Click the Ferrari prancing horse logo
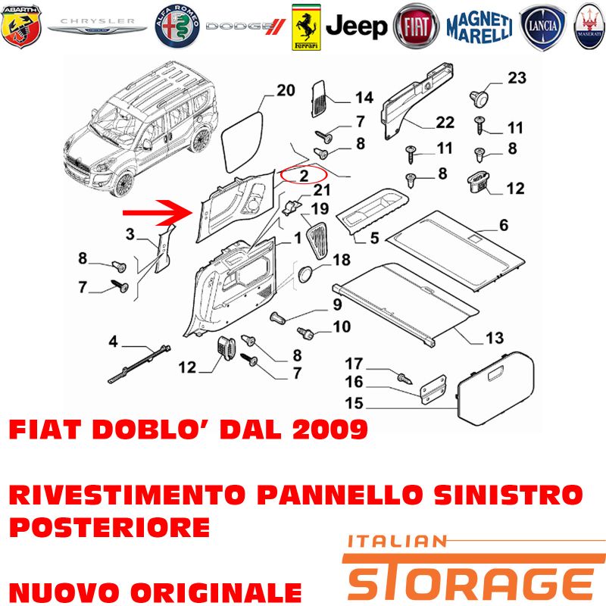click(306, 27)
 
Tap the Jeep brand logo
click(356, 27)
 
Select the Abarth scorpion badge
click(21, 27)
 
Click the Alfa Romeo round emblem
click(177, 27)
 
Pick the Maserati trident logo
click(589, 27)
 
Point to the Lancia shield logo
click(542, 27)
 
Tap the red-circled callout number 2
click(304, 176)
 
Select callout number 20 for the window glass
click(286, 90)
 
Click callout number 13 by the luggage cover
click(495, 338)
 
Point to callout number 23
click(517, 78)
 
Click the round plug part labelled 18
click(306, 273)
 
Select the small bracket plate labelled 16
click(433, 389)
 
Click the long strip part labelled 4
click(139, 364)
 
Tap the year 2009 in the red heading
click(330, 429)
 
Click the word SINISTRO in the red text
click(508, 495)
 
